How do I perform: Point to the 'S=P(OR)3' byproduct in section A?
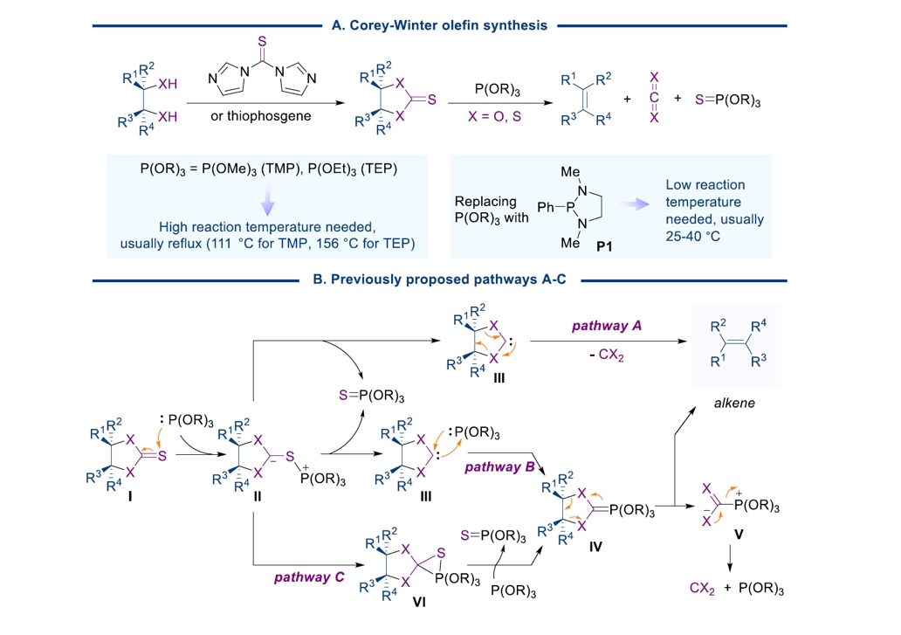728,101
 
